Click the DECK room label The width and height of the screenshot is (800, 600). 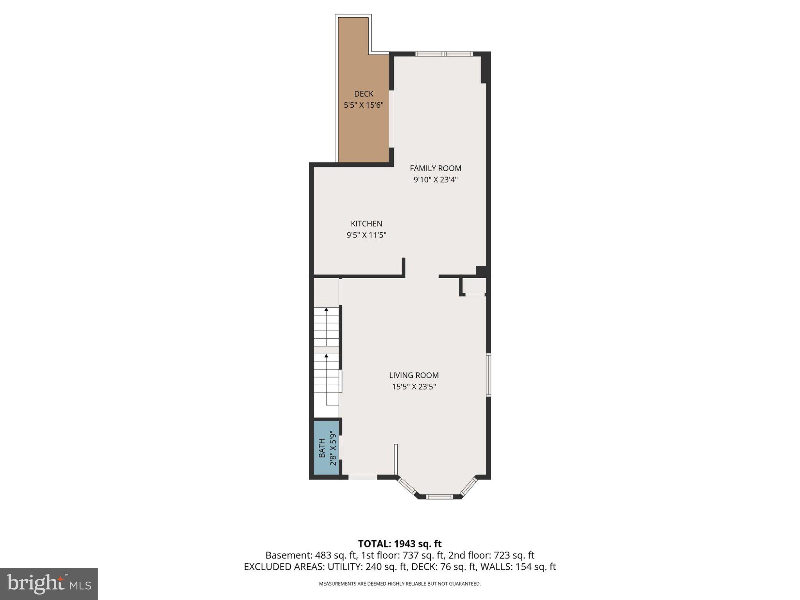(363, 94)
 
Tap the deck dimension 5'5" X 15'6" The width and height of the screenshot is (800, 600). (363, 105)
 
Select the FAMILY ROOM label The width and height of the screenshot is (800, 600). (435, 168)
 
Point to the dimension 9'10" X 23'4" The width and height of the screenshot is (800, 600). (435, 180)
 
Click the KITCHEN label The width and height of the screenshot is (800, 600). (366, 224)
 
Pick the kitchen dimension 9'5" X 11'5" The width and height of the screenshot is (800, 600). (366, 235)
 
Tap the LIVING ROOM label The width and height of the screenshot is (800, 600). (414, 375)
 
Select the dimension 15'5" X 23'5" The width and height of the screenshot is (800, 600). (414, 387)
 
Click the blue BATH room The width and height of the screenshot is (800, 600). (326, 448)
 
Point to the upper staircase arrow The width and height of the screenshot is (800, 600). (326, 310)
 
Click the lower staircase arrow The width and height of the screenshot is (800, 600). (326, 356)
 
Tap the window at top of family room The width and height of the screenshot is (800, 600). (444, 54)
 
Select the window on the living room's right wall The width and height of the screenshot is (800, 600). (488, 375)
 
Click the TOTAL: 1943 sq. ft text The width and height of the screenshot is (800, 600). (400, 544)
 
